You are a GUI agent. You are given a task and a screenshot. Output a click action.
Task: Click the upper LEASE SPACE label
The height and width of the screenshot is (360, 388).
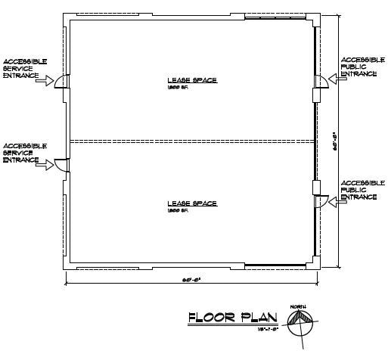click(192, 79)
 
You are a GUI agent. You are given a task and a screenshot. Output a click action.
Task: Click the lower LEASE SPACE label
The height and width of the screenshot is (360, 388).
click(192, 203)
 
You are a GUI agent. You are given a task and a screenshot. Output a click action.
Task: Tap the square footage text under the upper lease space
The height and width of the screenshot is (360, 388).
click(176, 88)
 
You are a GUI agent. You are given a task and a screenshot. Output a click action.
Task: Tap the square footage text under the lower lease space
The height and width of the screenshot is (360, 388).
click(176, 211)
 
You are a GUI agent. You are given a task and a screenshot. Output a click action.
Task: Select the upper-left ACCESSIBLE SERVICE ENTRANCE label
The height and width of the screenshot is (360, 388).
click(24, 67)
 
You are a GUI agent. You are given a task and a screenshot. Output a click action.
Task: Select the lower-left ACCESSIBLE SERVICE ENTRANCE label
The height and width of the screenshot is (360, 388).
click(24, 152)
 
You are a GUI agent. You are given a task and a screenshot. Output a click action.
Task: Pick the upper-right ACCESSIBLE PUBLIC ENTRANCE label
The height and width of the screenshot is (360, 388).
click(359, 67)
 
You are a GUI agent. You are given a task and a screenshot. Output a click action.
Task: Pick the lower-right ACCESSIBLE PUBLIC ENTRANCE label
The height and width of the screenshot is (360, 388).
click(359, 190)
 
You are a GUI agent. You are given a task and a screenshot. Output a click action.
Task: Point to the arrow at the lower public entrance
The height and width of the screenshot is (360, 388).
click(337, 202)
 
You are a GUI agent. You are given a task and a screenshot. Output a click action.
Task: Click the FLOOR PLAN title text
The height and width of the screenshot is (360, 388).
click(232, 318)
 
